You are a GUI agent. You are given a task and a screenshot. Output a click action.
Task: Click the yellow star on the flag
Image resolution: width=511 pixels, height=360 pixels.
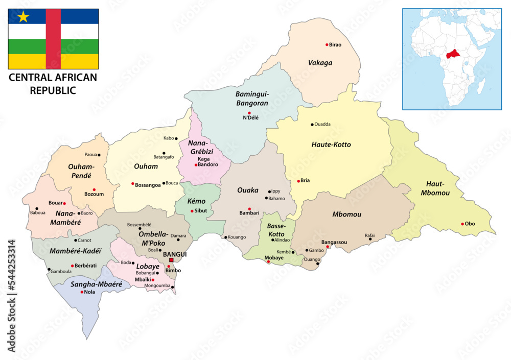(x=23, y=17)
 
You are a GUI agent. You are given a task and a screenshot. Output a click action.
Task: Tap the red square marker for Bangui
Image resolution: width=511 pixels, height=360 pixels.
(x=172, y=260)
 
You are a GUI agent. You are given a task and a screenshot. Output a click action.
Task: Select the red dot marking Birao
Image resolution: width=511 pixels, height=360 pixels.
(x=327, y=44)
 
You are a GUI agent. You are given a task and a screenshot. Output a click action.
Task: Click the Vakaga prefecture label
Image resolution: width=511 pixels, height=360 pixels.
(x=320, y=63)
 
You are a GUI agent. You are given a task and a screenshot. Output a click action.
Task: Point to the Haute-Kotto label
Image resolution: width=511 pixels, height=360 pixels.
(x=331, y=145)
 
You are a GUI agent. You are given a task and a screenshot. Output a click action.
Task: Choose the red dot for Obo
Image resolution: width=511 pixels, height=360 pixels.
(x=462, y=224)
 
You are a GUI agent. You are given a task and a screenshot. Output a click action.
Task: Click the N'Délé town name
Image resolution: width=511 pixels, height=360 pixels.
(x=250, y=117)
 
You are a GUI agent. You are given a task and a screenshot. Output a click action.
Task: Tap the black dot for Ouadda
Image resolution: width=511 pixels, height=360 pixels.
(x=312, y=124)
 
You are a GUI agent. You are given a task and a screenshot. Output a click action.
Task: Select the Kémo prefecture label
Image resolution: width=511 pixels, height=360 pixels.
(x=196, y=202)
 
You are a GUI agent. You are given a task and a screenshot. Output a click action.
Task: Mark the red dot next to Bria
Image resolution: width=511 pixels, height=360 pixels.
(x=299, y=181)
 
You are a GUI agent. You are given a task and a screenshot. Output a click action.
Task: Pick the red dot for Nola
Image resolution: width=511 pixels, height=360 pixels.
(x=82, y=292)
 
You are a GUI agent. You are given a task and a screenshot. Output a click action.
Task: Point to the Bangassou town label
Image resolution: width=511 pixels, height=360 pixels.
(x=334, y=242)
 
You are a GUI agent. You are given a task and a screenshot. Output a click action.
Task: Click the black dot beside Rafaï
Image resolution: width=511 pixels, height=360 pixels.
(x=370, y=239)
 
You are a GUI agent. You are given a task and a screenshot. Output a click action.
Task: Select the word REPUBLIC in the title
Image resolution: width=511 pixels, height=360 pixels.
(x=53, y=90)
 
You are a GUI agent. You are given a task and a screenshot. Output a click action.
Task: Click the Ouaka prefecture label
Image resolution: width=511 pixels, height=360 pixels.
(x=248, y=190)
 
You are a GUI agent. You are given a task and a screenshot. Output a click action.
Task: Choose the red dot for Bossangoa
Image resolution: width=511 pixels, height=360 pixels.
(x=133, y=184)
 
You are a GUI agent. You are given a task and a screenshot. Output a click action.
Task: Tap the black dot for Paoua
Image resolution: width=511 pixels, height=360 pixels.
(x=99, y=155)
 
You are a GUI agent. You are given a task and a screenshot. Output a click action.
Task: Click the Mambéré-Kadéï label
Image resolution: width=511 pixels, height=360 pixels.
(x=76, y=251)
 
